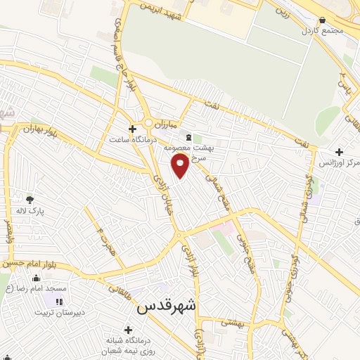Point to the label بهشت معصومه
pos(189,148)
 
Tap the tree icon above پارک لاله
pos(29,200)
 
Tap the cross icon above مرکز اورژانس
pos(340,152)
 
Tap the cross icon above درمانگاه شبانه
pos(127,329)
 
